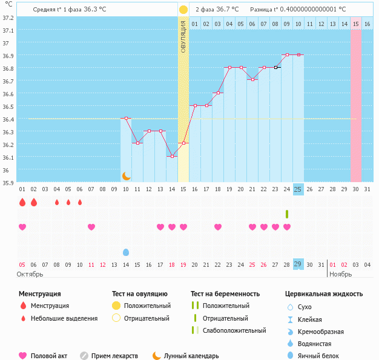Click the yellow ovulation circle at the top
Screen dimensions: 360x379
point(183,10)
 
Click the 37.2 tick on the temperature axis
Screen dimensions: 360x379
point(8,18)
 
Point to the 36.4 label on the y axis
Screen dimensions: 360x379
point(8,119)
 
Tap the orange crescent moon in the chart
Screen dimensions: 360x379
point(126,176)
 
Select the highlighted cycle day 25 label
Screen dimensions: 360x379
point(298,189)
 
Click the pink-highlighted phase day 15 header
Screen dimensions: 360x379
point(356,24)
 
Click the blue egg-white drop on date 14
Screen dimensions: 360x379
point(126,252)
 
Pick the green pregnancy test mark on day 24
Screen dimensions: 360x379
point(287,214)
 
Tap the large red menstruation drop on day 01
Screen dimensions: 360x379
point(22,202)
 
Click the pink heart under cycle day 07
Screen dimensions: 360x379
point(91,227)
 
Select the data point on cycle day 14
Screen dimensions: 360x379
point(172,156)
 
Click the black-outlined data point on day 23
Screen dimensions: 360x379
point(275,67)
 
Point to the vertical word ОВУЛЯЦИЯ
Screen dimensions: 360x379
point(183,36)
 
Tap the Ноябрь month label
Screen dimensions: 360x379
point(340,274)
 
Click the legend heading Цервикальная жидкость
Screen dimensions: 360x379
point(324,293)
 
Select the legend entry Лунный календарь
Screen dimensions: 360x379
point(191,356)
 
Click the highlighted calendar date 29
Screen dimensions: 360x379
point(298,264)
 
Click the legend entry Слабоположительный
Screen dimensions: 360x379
point(234,330)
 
